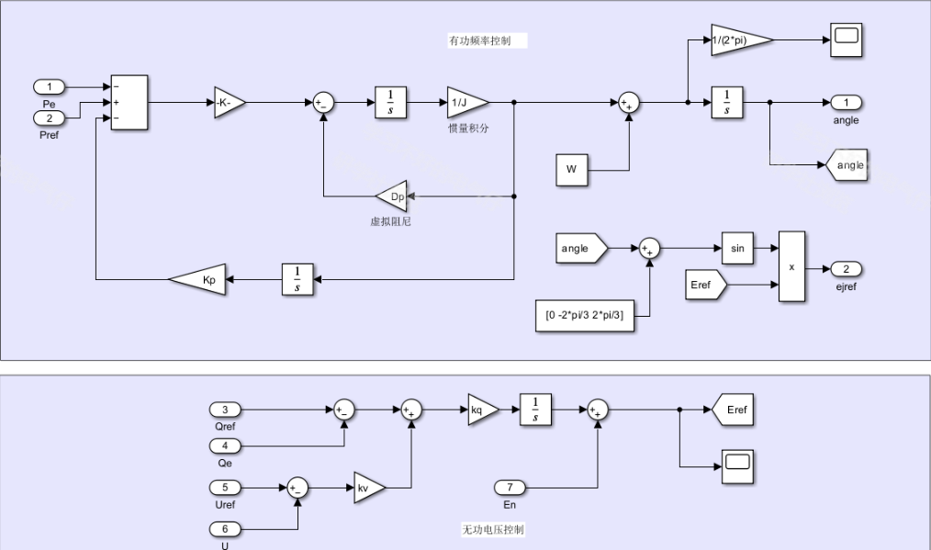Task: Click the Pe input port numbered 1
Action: click(50, 87)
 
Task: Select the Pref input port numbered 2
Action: click(50, 118)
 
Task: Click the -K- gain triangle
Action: click(228, 103)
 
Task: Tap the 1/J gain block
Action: click(465, 103)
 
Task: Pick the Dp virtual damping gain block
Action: click(394, 196)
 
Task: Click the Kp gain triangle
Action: click(199, 279)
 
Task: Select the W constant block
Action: click(572, 170)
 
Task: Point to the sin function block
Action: click(736, 248)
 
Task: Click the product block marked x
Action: click(791, 266)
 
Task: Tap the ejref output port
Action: click(846, 269)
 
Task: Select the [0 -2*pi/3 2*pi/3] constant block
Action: click(585, 315)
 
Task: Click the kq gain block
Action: click(481, 410)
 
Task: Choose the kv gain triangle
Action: click(368, 488)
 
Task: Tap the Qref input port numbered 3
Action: click(226, 410)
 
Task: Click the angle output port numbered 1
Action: click(846, 103)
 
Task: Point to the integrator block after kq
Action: click(535, 410)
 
